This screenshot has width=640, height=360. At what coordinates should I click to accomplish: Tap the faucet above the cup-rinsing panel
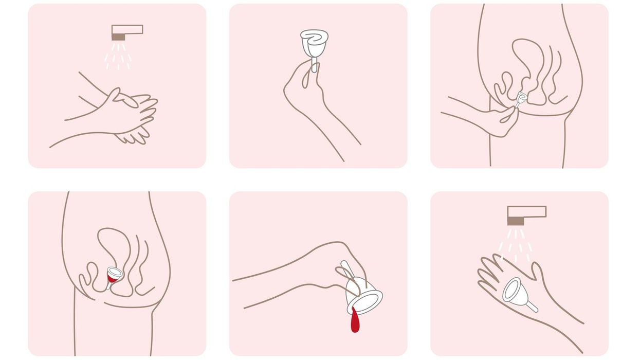(526, 212)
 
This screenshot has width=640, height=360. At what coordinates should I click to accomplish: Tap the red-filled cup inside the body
(113, 276)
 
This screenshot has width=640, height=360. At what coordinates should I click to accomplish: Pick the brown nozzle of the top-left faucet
(118, 37)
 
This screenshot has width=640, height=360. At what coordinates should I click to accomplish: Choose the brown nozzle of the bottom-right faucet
(515, 221)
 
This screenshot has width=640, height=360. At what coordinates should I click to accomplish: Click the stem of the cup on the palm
(532, 307)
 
